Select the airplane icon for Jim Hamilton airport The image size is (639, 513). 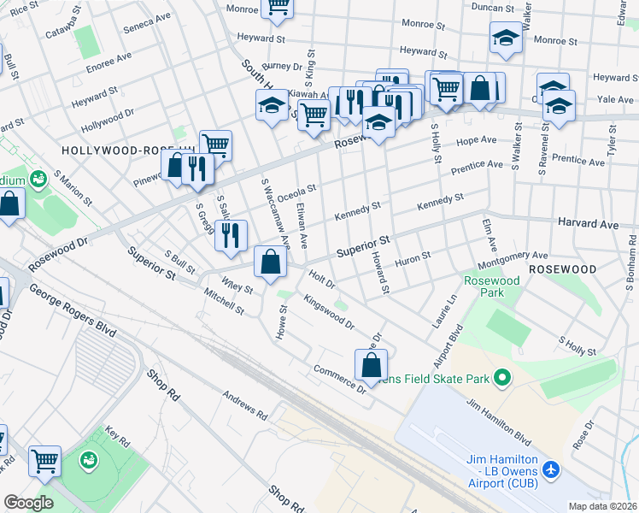point(551,469)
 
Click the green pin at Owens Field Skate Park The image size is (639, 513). point(503,377)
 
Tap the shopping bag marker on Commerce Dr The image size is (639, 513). point(372,365)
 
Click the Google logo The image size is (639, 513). point(28,502)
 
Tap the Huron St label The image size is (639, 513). point(414,256)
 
